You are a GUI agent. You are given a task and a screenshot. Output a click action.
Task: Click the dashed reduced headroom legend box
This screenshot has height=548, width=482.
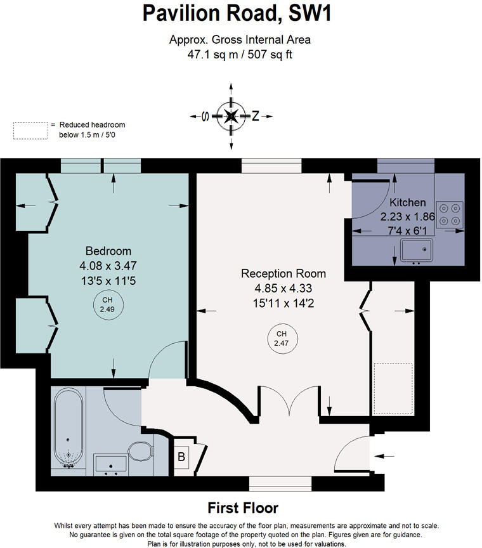point(30,130)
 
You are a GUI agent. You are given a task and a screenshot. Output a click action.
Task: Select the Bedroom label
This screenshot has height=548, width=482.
point(108,251)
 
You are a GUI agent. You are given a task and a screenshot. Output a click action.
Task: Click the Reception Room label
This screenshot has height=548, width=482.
point(283,273)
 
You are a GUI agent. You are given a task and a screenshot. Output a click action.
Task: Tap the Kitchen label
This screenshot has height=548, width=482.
point(407,203)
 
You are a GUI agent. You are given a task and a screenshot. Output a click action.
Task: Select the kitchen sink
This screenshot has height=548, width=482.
point(417,251)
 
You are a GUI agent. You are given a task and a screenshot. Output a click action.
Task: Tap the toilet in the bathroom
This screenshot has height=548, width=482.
point(140,452)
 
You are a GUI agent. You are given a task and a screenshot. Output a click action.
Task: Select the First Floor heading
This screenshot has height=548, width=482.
point(243,508)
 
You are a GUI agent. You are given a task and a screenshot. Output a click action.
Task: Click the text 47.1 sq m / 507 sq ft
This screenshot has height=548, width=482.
point(240,54)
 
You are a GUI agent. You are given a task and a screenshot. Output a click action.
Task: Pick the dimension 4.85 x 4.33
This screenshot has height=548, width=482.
point(283,288)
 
